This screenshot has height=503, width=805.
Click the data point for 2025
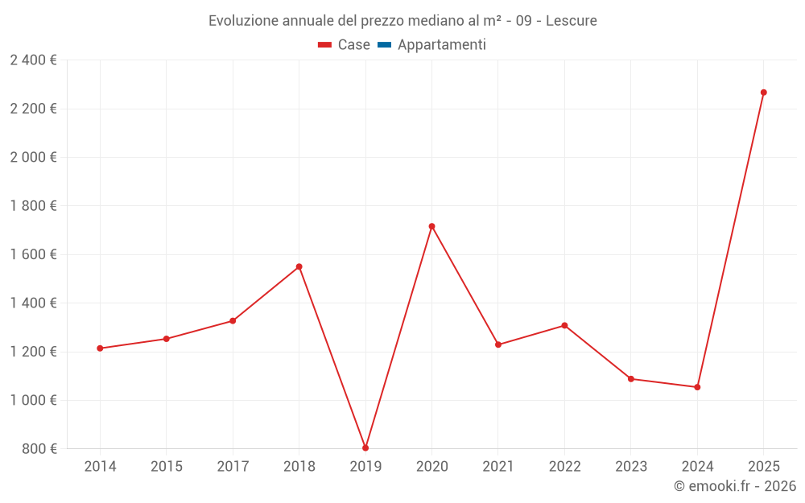pos(763,93)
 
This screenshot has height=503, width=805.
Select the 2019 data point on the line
pos(365,447)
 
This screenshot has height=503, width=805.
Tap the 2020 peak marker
pos(431,226)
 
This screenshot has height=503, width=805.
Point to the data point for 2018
pos(299,266)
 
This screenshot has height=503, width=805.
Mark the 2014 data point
pos(100,348)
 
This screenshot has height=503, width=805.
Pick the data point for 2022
pos(564,325)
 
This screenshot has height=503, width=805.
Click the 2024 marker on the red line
pos(697,387)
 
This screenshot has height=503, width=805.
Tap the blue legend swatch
pos(384,45)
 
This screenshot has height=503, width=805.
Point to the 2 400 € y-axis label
pos(33,60)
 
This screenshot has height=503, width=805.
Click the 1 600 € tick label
pos(33,254)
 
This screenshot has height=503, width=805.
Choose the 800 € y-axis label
pos(39,448)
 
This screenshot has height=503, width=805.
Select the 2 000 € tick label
pos(33,157)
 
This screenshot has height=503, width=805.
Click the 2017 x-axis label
pos(233,467)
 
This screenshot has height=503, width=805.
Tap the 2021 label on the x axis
pos(498,467)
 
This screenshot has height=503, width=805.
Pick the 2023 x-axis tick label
pos(630,467)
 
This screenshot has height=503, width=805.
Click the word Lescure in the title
pos(571,21)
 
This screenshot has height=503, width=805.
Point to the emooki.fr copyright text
pos(735,486)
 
